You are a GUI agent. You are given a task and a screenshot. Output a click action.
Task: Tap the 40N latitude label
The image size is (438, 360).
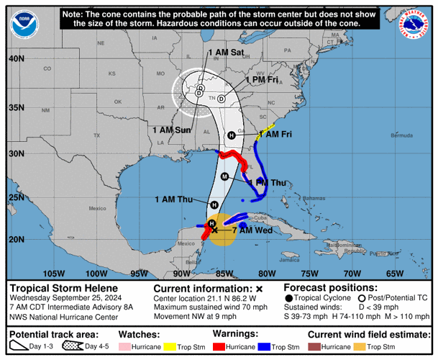(17, 58)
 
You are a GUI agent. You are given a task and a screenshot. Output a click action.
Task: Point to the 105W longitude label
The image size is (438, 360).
(54, 274)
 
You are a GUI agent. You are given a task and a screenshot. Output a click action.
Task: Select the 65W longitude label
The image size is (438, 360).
(395, 274)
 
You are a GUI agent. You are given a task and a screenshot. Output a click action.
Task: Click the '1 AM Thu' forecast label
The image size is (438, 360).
(175, 199)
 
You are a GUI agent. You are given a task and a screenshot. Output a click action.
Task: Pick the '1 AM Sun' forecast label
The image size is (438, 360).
(172, 130)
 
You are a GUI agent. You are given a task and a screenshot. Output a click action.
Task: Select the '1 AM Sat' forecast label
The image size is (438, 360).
(226, 53)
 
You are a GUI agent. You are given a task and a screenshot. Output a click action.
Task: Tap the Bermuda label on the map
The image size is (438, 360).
(380, 135)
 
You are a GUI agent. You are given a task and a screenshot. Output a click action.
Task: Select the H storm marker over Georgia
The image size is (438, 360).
(232, 135)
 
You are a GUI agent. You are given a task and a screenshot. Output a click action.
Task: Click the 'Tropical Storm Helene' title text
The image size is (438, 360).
(58, 288)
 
